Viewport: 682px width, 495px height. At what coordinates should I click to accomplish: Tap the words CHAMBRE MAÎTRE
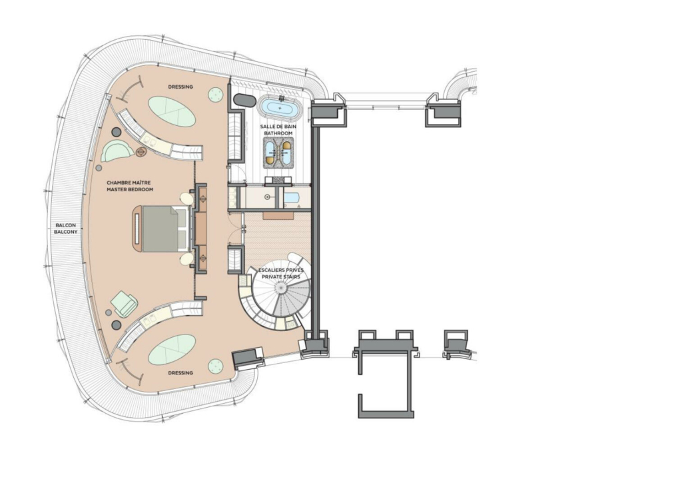click(129, 183)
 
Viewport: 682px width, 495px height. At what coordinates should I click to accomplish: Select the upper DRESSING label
click(180, 87)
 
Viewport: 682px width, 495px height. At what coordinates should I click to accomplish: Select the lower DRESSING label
click(180, 373)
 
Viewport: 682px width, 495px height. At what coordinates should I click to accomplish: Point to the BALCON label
click(66, 225)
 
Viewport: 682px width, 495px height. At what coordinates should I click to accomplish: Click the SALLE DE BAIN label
click(278, 127)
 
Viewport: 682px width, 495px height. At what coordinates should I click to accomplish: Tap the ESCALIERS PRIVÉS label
click(281, 270)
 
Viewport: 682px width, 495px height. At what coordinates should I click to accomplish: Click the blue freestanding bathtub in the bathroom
click(280, 107)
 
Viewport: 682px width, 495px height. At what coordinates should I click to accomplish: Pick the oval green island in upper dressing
click(172, 111)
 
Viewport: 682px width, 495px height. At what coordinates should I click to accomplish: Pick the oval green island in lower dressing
click(172, 350)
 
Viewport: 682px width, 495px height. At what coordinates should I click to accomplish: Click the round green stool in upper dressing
click(215, 95)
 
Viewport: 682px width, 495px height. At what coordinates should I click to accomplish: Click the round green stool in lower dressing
click(215, 366)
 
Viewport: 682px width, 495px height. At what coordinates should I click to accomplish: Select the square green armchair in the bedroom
click(125, 304)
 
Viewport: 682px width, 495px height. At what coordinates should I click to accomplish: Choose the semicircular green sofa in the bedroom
click(117, 151)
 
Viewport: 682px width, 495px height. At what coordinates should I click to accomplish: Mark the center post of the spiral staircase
click(280, 288)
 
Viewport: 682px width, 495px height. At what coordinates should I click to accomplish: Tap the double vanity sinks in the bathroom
click(278, 153)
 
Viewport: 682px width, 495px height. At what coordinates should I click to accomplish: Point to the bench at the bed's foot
click(136, 229)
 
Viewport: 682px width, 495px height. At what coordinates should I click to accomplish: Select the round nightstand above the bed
click(187, 199)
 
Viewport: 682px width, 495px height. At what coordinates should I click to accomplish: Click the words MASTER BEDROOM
click(130, 190)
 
